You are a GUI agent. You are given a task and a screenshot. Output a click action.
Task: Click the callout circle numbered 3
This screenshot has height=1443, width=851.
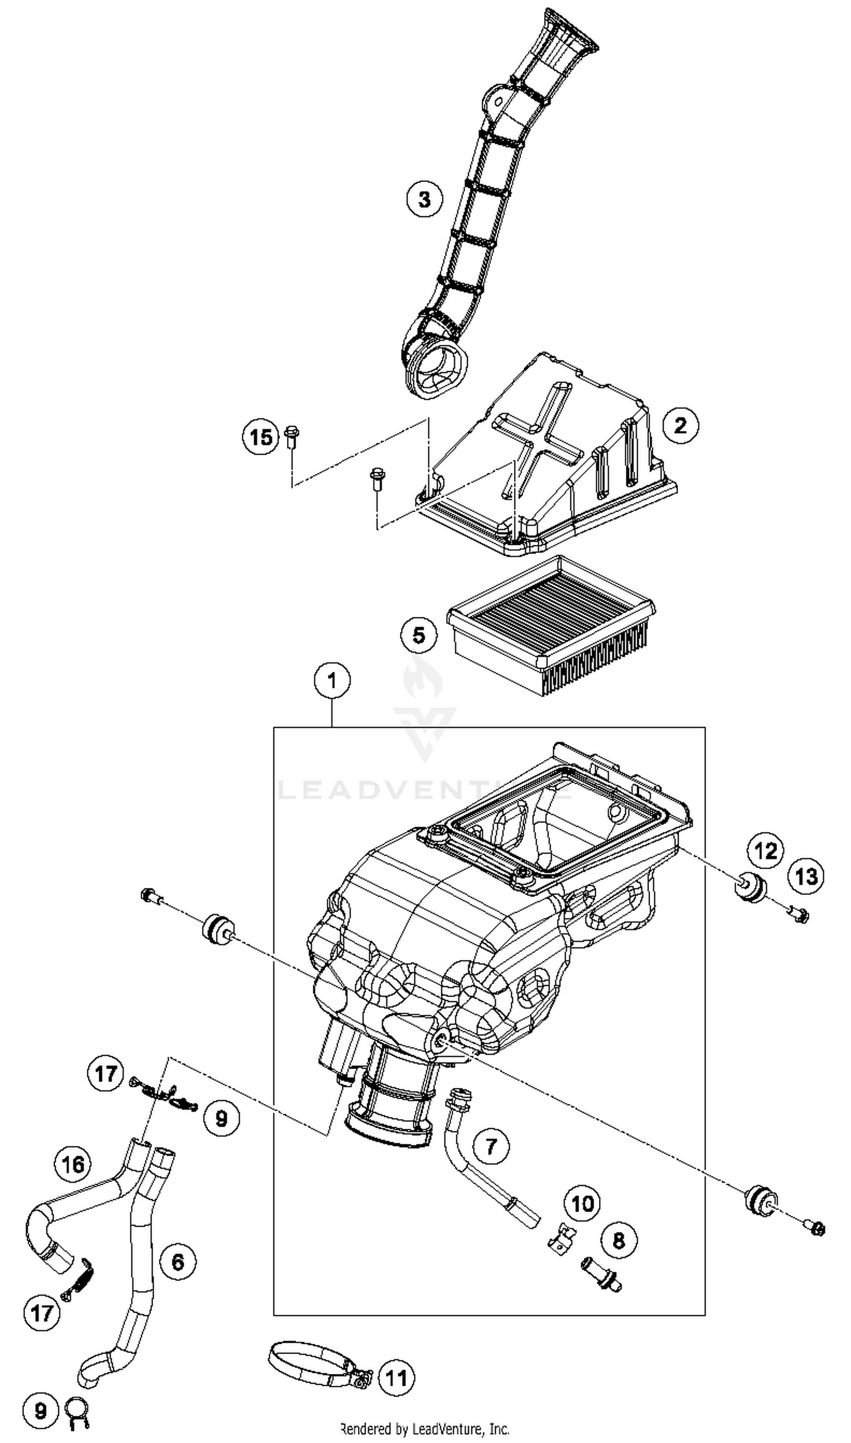click(x=424, y=200)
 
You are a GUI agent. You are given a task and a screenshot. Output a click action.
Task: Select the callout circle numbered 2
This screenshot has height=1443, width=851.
click(x=680, y=425)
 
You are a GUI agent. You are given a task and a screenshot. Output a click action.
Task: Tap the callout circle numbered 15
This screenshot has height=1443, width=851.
click(x=260, y=437)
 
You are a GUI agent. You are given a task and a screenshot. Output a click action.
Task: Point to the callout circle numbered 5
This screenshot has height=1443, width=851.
click(x=419, y=635)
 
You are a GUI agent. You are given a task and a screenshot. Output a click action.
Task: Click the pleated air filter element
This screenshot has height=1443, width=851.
click(x=550, y=628)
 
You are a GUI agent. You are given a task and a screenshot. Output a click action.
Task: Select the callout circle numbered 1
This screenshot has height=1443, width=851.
click(x=332, y=680)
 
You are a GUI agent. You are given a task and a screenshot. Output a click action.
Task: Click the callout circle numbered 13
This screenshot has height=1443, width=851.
click(x=806, y=876)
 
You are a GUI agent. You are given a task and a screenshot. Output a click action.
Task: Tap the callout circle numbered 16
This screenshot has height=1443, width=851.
click(x=73, y=1164)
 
